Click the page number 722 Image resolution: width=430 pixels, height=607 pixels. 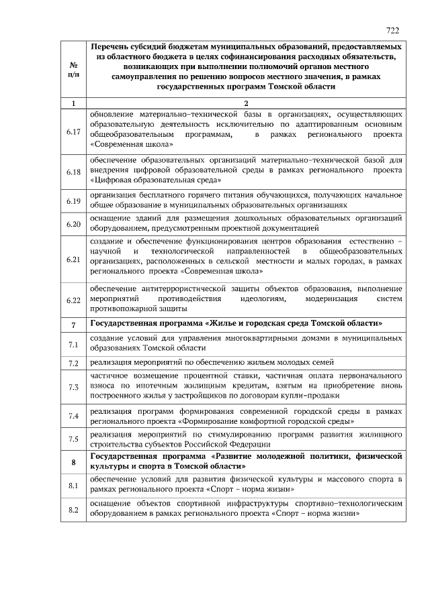pyautogui.click(x=393, y=31)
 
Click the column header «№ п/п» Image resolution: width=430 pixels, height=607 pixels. pyautogui.click(x=73, y=68)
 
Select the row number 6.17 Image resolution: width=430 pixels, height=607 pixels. pyautogui.click(x=73, y=131)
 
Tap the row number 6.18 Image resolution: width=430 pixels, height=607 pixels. pyautogui.click(x=73, y=172)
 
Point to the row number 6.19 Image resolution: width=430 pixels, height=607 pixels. pyautogui.click(x=73, y=201)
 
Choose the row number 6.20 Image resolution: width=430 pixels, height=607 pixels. pyautogui.click(x=73, y=223)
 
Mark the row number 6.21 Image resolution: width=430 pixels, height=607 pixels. pyautogui.click(x=73, y=258)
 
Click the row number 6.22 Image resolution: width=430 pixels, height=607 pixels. pyautogui.click(x=73, y=300)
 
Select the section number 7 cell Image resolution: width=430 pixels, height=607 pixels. pyautogui.click(x=73, y=324)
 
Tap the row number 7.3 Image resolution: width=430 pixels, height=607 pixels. pyautogui.click(x=73, y=387)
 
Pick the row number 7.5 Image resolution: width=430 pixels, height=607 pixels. pyautogui.click(x=73, y=439)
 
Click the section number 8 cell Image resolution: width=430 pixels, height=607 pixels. pyautogui.click(x=73, y=461)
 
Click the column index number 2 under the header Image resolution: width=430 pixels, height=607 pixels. pyautogui.click(x=246, y=103)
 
